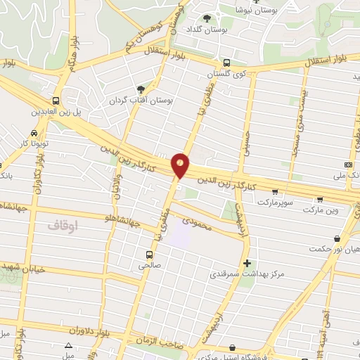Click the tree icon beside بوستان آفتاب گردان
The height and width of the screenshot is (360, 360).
[140, 89]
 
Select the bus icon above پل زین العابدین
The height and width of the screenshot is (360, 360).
[56, 101]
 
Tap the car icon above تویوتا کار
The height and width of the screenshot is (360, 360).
[34, 134]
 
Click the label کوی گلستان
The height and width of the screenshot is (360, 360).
[224, 73]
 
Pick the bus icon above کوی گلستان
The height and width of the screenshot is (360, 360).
[225, 62]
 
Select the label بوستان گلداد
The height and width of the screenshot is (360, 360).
[205, 29]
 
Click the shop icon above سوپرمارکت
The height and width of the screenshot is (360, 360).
[274, 191]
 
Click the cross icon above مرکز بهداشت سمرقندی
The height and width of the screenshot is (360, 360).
[246, 264]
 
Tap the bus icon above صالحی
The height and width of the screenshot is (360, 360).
[149, 254]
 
